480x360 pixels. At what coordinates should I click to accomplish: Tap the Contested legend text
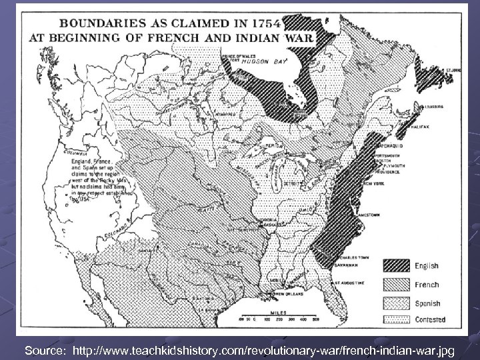pyautogui.click(x=430, y=319)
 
